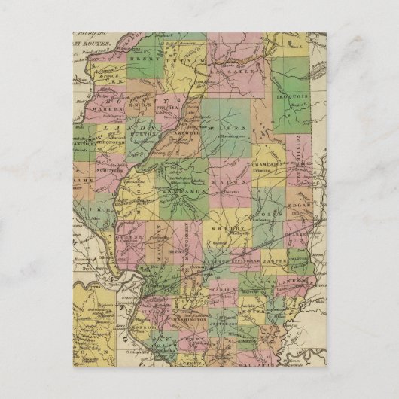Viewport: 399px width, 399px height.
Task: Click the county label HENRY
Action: coord(141,57)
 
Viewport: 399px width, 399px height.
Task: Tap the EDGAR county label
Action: coord(301,204)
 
